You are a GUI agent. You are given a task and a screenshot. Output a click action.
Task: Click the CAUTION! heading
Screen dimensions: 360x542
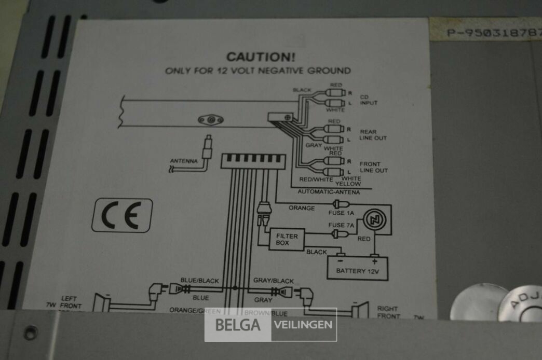pos(257,57)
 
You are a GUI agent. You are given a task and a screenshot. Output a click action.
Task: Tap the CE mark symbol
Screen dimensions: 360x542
pos(122,215)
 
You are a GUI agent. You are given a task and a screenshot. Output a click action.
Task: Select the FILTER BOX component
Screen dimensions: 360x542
pos(287,239)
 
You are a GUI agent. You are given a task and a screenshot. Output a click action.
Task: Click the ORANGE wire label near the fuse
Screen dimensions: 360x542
pos(301,209)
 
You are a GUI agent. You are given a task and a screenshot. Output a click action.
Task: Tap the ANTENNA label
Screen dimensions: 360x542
pos(184,161)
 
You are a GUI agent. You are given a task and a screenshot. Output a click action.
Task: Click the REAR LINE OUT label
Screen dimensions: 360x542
pos(373,135)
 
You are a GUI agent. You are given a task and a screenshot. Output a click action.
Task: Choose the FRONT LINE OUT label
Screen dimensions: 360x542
pos(373,167)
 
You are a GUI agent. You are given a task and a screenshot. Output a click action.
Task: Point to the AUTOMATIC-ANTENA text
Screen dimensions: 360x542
pos(328,192)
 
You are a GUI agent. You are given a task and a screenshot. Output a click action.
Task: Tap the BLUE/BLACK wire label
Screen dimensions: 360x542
pos(199,281)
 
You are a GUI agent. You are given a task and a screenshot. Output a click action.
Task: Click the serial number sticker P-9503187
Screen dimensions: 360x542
pos(493,32)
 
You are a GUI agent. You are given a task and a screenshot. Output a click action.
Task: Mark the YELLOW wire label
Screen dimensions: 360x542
pos(348,184)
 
